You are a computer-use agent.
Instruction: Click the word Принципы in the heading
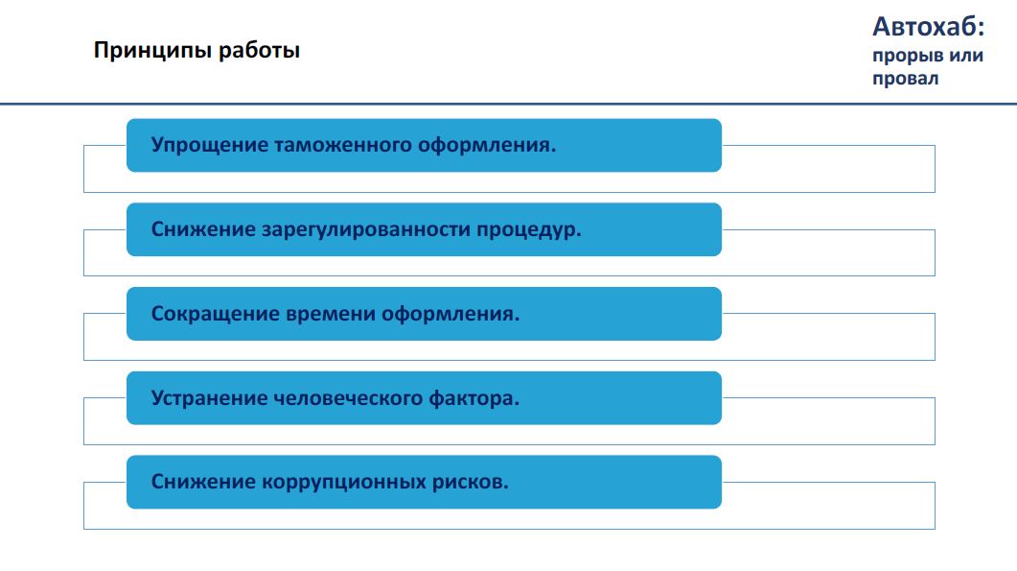click(153, 51)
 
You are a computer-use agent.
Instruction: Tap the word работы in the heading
click(260, 51)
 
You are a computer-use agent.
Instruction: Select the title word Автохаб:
click(928, 27)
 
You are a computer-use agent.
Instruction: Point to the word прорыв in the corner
click(908, 57)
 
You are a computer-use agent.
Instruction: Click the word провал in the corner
click(906, 79)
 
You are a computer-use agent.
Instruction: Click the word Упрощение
click(210, 145)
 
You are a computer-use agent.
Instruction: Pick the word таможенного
click(343, 145)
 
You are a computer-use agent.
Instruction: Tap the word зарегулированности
click(366, 230)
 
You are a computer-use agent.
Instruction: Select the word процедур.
click(529, 230)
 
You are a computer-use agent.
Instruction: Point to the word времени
click(330, 315)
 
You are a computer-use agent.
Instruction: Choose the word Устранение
click(209, 398)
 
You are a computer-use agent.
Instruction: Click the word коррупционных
click(344, 483)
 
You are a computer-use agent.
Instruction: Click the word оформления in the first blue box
click(487, 145)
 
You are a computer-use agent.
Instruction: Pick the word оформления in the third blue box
click(451, 315)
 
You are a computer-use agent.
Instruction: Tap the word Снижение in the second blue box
click(203, 230)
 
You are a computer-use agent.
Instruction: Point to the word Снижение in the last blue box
click(203, 483)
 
